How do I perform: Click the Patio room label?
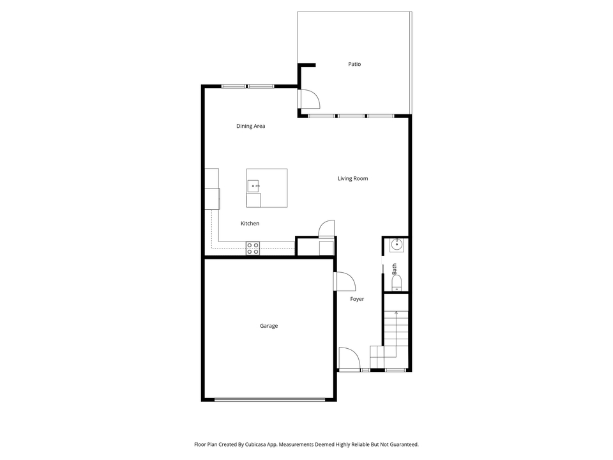pos(354,64)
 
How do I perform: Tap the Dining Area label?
pos(250,126)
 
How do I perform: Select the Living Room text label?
pos(352,178)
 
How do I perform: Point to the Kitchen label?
pos(250,223)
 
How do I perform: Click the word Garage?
pos(268,326)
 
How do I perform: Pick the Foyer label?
pos(357,299)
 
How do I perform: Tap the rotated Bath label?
pos(395,268)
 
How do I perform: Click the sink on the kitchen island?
pos(254,186)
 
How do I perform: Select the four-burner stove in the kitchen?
pos(253,249)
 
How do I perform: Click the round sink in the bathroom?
pos(396,243)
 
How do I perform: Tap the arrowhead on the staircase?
pos(396,312)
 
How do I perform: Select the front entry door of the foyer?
pos(349,359)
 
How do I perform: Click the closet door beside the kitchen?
pos(326,229)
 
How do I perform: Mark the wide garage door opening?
pos(269,400)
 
